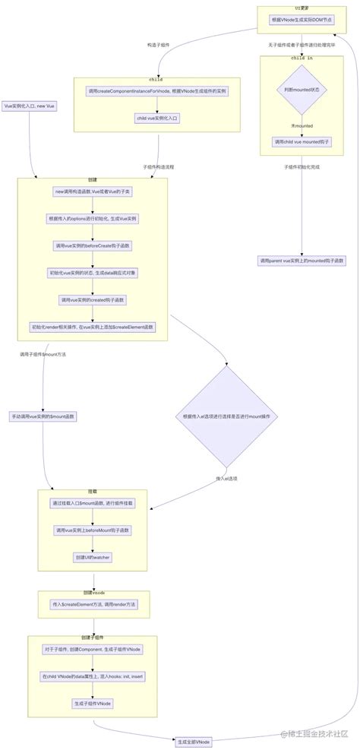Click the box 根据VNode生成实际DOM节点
pos(302,20)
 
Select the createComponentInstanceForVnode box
pos(157,91)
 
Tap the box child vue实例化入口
pos(157,118)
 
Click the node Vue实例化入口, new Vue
pos(29,106)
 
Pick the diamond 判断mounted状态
pos(302,89)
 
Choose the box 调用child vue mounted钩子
pos(302,141)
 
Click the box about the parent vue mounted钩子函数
pos(302,261)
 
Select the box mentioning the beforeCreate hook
pos(93,246)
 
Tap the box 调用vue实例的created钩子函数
pos(93,300)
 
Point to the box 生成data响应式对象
pos(93,273)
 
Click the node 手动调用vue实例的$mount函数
pos(43,416)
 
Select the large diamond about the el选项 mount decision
pos(226,416)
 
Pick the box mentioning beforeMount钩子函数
pos(93,530)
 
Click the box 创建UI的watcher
pos(93,556)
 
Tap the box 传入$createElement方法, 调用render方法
pos(94,604)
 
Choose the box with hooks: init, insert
pos(93,676)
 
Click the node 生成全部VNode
pos(193,741)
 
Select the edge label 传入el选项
pos(226,478)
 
